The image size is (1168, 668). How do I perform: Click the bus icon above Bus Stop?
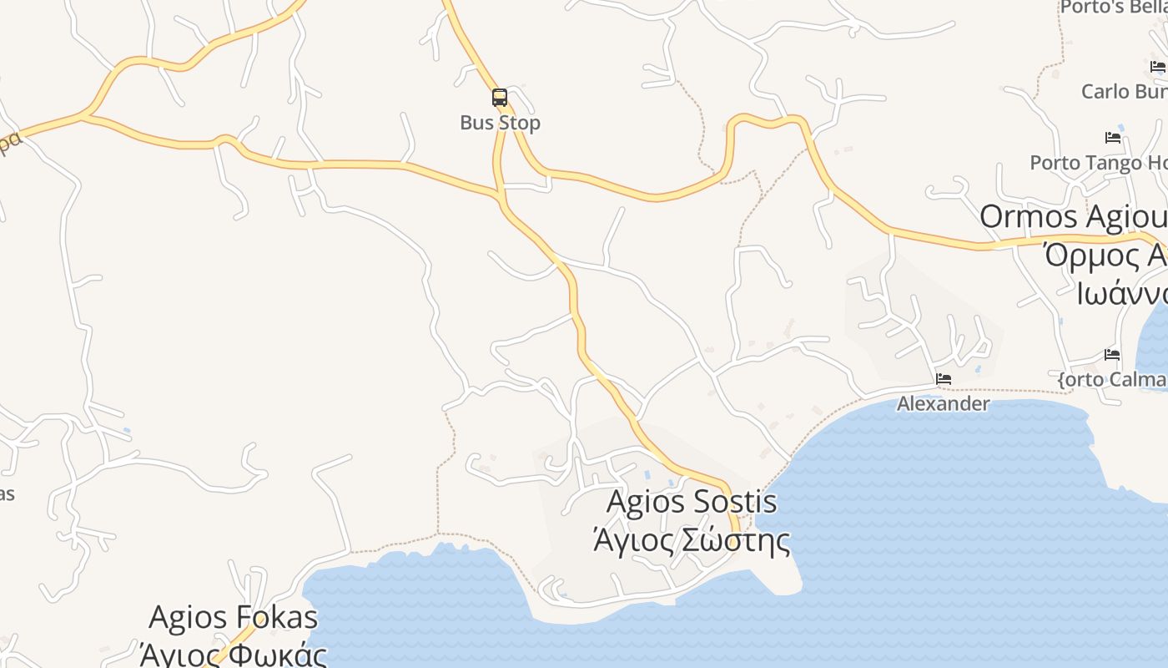pyautogui.click(x=500, y=98)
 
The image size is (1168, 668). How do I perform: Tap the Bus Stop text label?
pyautogui.click(x=500, y=123)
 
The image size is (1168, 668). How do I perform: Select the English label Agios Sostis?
pyautogui.click(x=692, y=502)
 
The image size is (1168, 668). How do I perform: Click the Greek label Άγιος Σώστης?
pyautogui.click(x=691, y=540)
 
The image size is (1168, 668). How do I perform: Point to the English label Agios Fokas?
pyautogui.click(x=233, y=618)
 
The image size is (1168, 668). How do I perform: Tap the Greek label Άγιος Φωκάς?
pyautogui.click(x=233, y=654)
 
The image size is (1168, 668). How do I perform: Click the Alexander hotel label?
pyautogui.click(x=943, y=404)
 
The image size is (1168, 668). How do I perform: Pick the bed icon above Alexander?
pyautogui.click(x=944, y=379)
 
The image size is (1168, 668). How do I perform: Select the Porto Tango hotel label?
pyautogui.click(x=1097, y=163)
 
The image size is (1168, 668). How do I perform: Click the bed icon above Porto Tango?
pyautogui.click(x=1112, y=138)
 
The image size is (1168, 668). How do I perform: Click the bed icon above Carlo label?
pyautogui.click(x=1158, y=67)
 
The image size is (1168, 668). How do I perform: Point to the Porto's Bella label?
pyautogui.click(x=1113, y=8)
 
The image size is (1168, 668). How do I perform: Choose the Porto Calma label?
pyautogui.click(x=1112, y=380)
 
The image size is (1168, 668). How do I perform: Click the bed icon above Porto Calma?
pyautogui.click(x=1112, y=355)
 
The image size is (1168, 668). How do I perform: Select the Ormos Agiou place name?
pyautogui.click(x=1073, y=217)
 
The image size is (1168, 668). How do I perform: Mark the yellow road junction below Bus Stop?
pyautogui.click(x=501, y=197)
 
